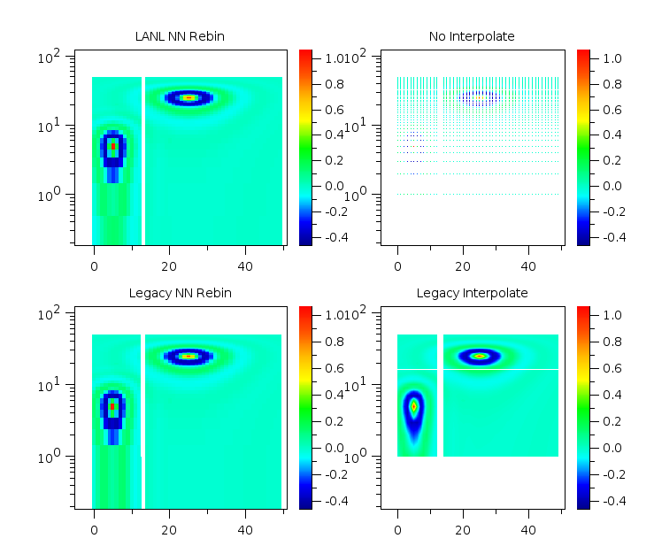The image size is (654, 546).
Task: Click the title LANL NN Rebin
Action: [181, 36]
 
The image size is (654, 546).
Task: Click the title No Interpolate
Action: [471, 36]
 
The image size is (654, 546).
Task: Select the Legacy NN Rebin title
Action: [181, 293]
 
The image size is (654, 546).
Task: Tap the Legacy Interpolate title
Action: [472, 293]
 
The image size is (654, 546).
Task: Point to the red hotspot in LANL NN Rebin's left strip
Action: [112, 146]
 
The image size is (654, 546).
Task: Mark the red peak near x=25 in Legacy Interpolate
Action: [480, 356]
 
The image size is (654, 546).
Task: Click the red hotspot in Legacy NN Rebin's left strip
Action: [112, 406]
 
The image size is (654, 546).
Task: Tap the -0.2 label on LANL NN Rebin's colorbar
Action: [335, 212]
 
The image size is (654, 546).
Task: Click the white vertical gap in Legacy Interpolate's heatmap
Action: [440, 396]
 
